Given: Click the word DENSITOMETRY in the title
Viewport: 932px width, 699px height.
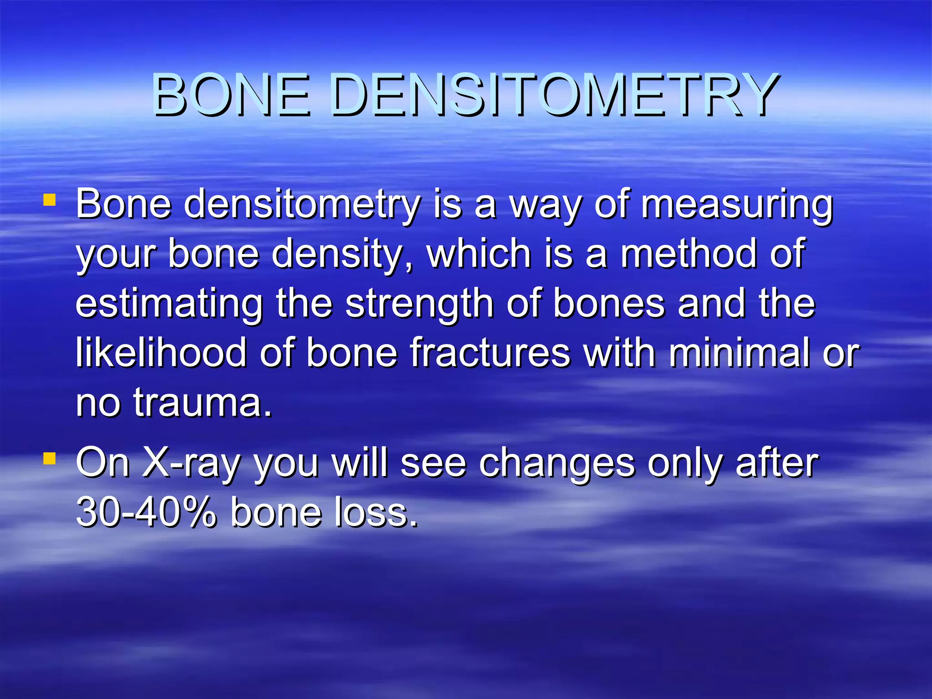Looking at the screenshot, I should point(553,96).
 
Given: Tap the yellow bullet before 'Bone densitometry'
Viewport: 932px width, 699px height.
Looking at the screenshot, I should point(50,200).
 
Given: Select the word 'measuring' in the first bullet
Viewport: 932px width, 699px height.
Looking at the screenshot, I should point(737,205).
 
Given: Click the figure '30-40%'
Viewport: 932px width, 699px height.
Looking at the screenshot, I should point(146,513).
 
